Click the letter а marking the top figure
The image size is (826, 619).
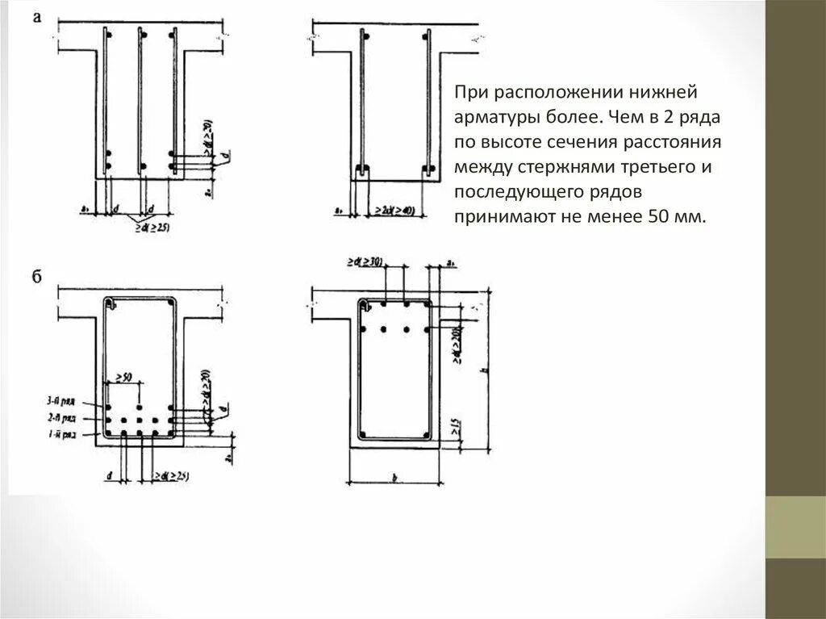[37, 17]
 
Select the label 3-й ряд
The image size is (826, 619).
[61, 400]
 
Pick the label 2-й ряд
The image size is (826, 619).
[61, 418]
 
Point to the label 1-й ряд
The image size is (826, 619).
[61, 435]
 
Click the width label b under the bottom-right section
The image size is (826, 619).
[394, 478]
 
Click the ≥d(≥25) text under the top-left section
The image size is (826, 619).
[152, 227]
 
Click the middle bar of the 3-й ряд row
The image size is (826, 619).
[140, 407]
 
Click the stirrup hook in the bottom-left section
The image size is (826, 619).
[113, 304]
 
